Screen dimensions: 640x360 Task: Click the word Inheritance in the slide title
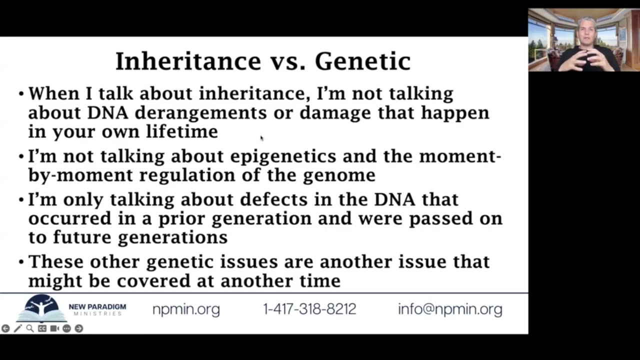(x=188, y=61)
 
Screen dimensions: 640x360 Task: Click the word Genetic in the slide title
(x=363, y=61)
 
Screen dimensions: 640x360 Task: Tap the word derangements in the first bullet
(x=201, y=113)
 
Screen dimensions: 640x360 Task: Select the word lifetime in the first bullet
(x=182, y=131)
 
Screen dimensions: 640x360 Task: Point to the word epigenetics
(x=283, y=157)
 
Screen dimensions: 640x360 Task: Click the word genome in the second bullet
(x=339, y=175)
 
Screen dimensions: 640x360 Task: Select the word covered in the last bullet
(x=153, y=281)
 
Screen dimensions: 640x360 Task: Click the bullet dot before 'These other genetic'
(x=21, y=262)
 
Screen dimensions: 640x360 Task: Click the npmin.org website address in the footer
(x=186, y=309)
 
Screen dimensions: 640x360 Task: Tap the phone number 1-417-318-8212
(x=309, y=309)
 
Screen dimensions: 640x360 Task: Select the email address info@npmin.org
(x=450, y=309)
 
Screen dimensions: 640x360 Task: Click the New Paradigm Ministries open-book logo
(x=41, y=308)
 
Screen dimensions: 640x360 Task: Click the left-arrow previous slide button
(x=5, y=328)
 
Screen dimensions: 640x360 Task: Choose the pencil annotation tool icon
(x=17, y=328)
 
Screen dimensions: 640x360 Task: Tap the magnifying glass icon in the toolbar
(x=30, y=328)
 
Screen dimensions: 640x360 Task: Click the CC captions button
(x=42, y=328)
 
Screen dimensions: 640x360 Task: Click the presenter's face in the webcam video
(x=586, y=32)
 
